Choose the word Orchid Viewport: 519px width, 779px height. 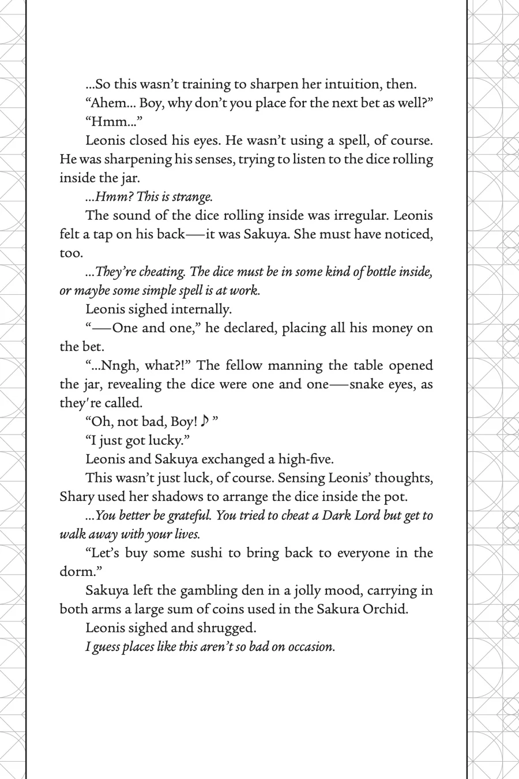coord(386,609)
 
